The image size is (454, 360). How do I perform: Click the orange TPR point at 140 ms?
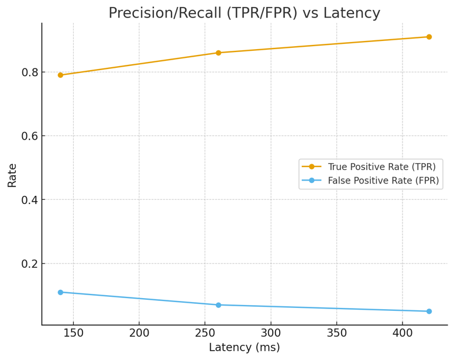pyautogui.click(x=60, y=75)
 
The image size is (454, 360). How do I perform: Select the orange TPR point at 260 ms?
pyautogui.click(x=218, y=53)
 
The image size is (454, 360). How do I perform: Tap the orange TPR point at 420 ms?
pyautogui.click(x=429, y=37)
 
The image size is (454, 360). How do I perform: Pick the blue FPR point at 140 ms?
pyautogui.click(x=60, y=292)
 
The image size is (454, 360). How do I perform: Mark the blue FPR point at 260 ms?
pyautogui.click(x=218, y=305)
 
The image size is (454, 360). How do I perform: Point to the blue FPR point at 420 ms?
pyautogui.click(x=429, y=311)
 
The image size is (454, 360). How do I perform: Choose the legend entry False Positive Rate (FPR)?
pyautogui.click(x=383, y=181)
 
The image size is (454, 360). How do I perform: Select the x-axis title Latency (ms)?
pyautogui.click(x=245, y=347)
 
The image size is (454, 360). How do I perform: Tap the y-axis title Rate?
pyautogui.click(x=12, y=175)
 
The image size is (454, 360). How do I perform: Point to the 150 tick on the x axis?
pyautogui.click(x=73, y=333)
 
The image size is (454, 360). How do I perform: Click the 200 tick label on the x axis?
pyautogui.click(x=139, y=333)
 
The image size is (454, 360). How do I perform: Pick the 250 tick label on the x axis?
pyautogui.click(x=205, y=333)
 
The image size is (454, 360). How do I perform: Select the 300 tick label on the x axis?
pyautogui.click(x=271, y=333)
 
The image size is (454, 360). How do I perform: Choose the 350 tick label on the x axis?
pyautogui.click(x=336, y=333)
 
